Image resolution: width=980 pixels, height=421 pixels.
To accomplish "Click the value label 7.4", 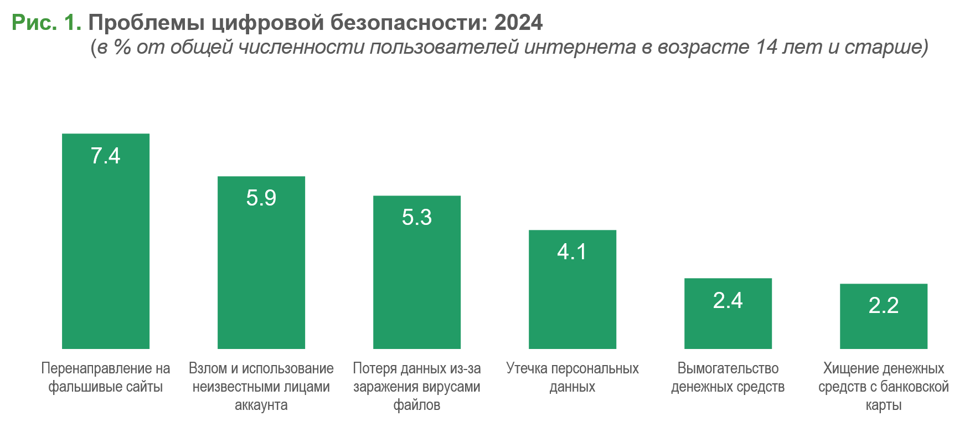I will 105,156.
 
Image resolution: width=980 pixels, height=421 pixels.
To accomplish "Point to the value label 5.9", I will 261,198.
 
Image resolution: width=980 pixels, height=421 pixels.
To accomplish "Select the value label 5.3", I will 416,218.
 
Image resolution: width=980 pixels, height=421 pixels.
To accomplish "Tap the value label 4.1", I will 572,252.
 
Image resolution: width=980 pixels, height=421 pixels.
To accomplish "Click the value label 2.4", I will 728,301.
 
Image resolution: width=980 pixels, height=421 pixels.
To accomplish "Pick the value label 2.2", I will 883,306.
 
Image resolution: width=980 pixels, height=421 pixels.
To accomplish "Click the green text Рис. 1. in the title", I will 47,23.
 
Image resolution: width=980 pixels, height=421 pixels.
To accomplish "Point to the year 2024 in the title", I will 518,23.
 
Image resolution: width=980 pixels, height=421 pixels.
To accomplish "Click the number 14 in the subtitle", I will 767,48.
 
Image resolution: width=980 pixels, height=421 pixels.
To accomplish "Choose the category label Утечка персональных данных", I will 572,377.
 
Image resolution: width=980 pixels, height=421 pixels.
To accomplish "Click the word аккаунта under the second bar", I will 261,405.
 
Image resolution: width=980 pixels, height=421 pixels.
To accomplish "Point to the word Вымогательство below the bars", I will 728,368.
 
